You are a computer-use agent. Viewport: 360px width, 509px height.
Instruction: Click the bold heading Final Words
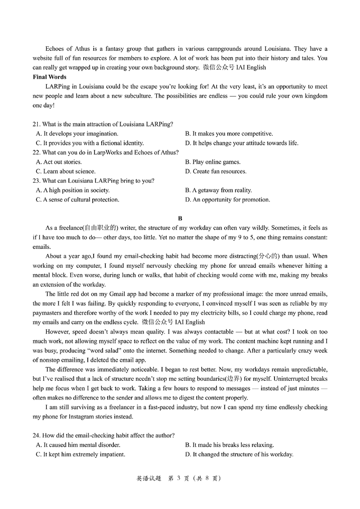(x=49, y=77)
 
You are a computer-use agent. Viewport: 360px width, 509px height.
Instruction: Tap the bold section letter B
(x=180, y=218)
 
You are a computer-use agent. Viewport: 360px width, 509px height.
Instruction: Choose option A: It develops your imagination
(x=77, y=134)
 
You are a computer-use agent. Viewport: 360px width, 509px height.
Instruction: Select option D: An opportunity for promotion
(x=227, y=200)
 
